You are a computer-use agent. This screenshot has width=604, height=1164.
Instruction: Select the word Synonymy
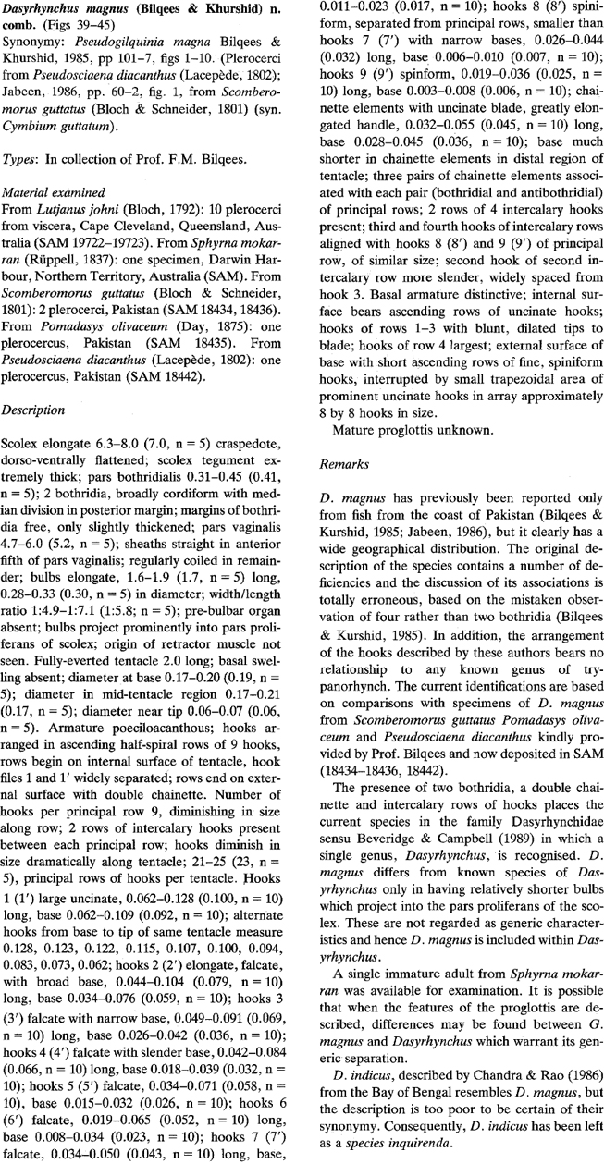click(x=31, y=42)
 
